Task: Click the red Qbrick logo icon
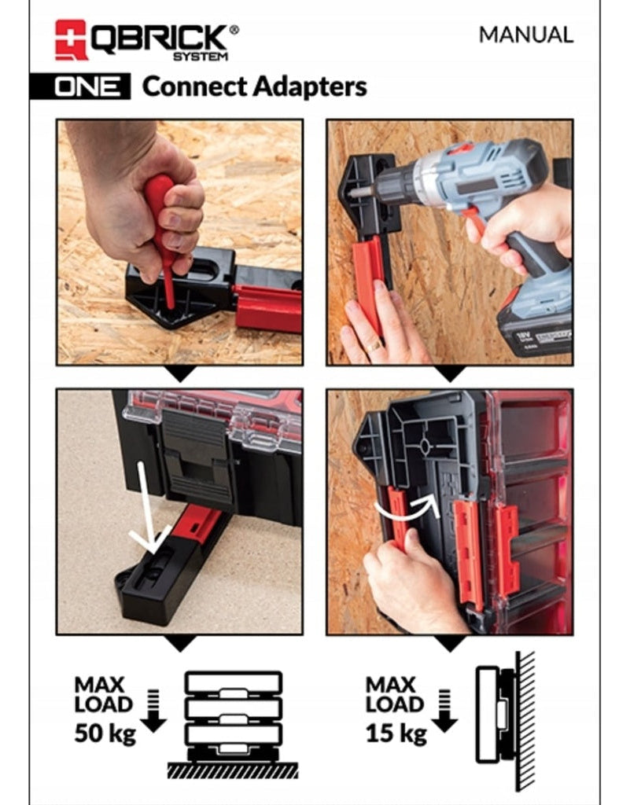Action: [70, 39]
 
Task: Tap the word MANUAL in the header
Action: [526, 35]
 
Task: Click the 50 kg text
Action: [105, 734]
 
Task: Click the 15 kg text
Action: [396, 734]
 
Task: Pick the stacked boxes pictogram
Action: [233, 711]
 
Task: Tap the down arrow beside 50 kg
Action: [153, 711]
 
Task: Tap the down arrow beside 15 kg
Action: [444, 711]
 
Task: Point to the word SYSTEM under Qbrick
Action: [201, 56]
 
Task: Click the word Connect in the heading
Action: [193, 86]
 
